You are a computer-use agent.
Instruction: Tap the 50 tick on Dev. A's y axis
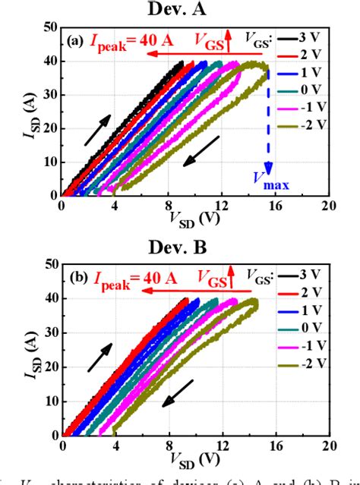(49, 27)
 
